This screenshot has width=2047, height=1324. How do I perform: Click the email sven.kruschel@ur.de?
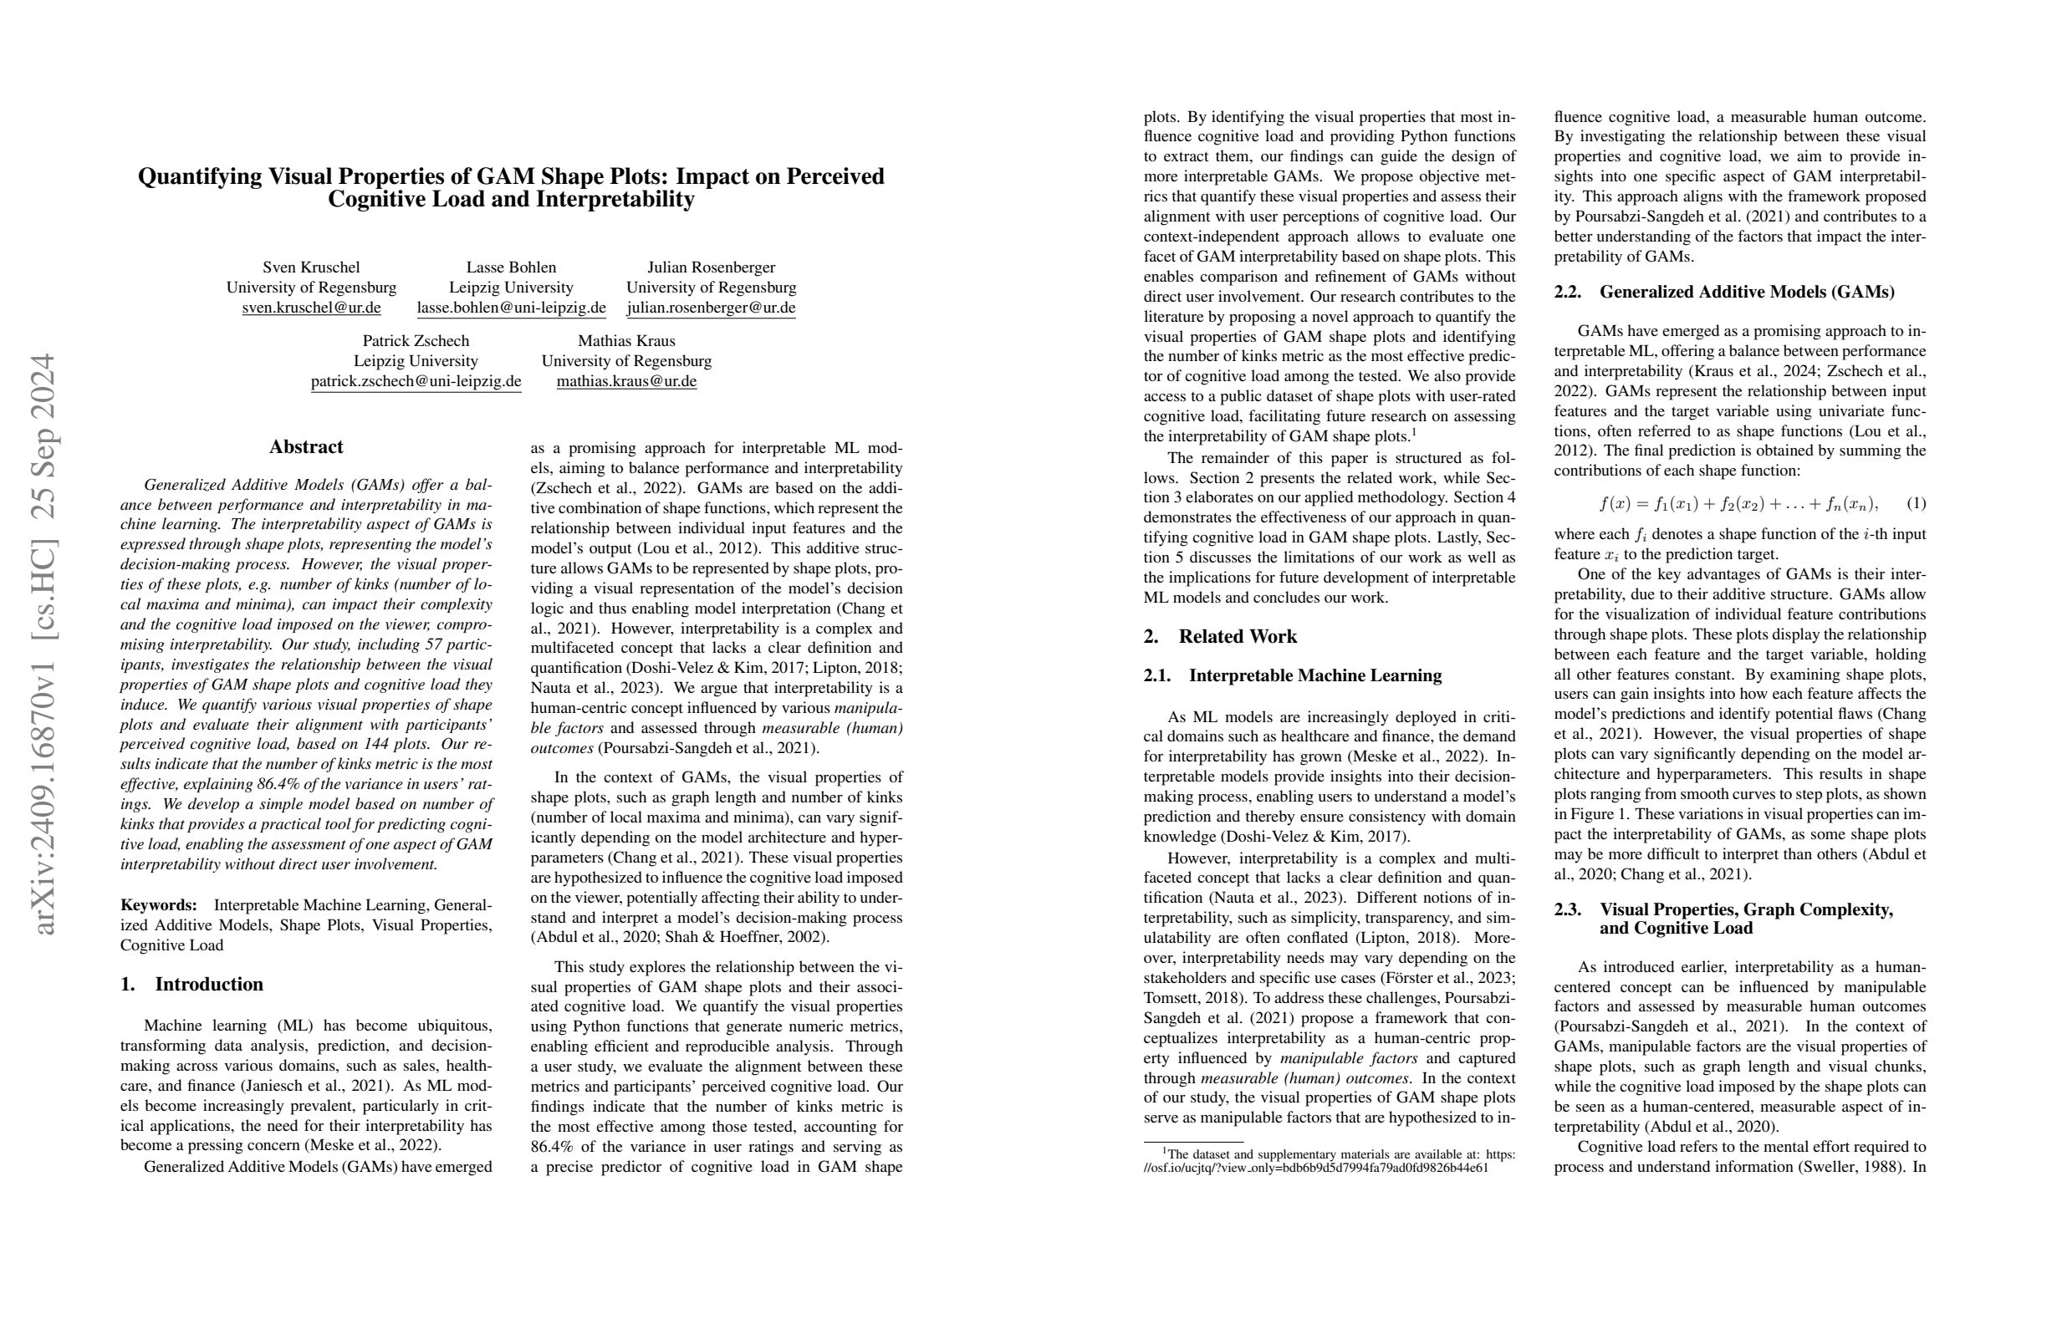coord(311,308)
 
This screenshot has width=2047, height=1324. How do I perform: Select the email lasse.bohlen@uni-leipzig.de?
coord(511,308)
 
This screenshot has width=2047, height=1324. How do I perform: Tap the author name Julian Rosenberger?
coord(711,267)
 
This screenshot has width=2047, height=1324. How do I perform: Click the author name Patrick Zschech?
coord(416,340)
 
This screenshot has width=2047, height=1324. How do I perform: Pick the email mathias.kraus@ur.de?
coord(626,381)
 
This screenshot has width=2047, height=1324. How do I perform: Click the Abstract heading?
coord(305,447)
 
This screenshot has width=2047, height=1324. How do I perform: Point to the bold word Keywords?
coord(159,905)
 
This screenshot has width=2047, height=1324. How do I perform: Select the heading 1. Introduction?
coord(191,985)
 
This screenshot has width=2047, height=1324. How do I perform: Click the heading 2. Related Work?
coord(1220,637)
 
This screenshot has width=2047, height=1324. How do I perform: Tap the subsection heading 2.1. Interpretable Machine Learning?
coord(1292,675)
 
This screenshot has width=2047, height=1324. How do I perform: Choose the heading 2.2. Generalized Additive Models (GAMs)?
coord(1723,293)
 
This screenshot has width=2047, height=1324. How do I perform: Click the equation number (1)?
coord(1916,504)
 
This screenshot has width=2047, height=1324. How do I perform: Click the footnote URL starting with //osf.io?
coord(1315,1168)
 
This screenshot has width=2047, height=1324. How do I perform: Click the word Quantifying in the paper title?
coord(200,177)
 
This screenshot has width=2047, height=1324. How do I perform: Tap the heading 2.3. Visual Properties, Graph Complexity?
coord(1723,910)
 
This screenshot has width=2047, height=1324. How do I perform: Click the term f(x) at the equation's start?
coord(1615,504)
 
